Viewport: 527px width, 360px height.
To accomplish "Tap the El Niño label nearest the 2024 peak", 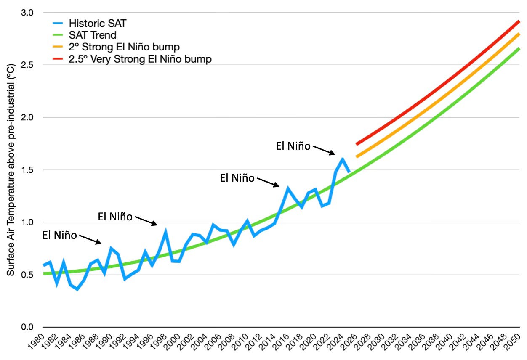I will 293,146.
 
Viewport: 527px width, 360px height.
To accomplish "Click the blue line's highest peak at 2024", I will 343,159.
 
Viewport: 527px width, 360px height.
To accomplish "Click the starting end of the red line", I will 357,144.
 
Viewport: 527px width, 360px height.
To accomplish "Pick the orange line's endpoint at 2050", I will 519,34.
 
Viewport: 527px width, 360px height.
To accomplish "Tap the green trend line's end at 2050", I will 519,49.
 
